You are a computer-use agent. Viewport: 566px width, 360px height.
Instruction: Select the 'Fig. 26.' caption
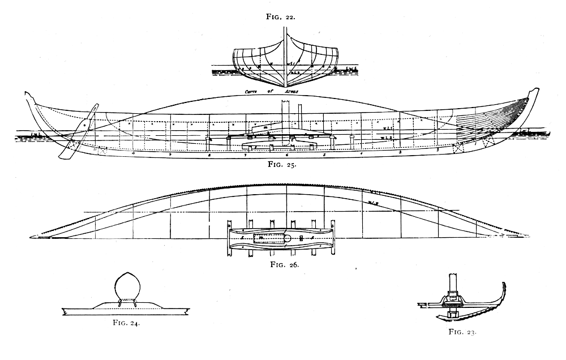coord(285,264)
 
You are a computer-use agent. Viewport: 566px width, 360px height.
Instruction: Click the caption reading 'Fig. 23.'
coord(463,333)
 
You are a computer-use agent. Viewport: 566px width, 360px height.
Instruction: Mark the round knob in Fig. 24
coord(127,288)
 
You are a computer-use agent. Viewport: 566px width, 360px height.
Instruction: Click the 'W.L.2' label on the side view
coord(387,138)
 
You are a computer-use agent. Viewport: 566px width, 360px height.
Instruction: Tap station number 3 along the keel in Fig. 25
coord(400,152)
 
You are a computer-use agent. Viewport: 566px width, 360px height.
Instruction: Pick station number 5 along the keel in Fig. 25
coord(324,154)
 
